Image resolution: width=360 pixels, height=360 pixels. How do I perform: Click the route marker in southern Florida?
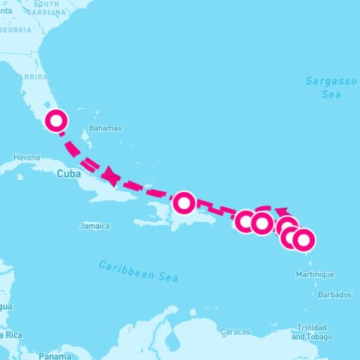(x=56, y=121)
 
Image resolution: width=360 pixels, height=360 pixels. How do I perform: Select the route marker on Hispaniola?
(x=184, y=202)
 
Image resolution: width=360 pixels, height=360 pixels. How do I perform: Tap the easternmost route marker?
(x=304, y=240)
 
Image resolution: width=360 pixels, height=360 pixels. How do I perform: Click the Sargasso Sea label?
(x=323, y=87)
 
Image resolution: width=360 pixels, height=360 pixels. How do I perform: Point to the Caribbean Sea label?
(x=139, y=271)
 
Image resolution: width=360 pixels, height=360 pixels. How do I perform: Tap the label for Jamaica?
(x=94, y=226)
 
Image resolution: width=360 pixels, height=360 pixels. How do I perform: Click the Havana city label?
(x=26, y=157)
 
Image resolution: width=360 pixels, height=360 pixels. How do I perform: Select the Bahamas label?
(x=105, y=128)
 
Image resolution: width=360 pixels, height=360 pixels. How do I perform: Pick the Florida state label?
(x=31, y=76)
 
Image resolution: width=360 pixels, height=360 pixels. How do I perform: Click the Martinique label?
(x=317, y=274)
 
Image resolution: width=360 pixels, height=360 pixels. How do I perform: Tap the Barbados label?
(x=334, y=295)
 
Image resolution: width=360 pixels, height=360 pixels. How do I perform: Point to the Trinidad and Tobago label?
(x=309, y=332)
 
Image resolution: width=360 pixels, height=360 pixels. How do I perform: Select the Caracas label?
(x=235, y=331)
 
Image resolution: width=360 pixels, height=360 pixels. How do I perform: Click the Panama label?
(x=54, y=356)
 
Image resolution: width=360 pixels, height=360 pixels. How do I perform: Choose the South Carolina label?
(x=45, y=7)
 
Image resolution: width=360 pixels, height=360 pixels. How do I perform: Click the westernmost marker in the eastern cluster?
(x=245, y=221)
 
